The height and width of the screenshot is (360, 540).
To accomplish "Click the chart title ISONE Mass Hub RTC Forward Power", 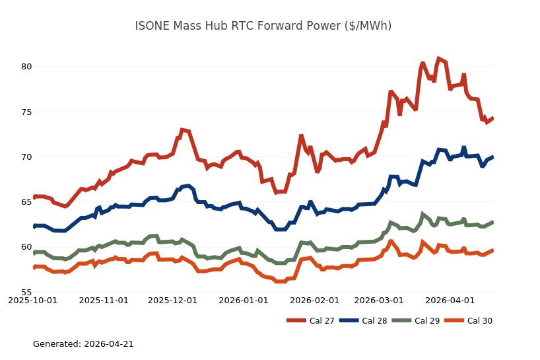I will click(263, 26).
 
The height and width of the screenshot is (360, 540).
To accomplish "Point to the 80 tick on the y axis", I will click(26, 67).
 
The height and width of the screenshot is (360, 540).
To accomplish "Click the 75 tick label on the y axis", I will click(26, 112).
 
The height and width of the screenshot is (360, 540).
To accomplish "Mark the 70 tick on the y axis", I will click(26, 157).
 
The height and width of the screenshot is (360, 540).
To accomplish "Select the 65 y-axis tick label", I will click(26, 202).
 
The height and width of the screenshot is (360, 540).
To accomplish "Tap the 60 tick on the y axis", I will click(26, 247).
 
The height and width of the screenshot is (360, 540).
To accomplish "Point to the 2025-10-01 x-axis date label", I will click(34, 301).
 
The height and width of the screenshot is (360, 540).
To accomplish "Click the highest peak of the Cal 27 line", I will click(439, 59).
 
